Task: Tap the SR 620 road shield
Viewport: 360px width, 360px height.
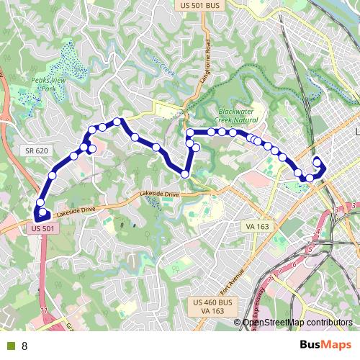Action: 35,150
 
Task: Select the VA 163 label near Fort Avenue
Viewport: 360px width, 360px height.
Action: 257,226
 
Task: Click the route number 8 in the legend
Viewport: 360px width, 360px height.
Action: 24,346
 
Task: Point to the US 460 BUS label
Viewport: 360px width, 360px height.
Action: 215,302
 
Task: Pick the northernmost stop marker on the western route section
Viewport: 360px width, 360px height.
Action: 117,122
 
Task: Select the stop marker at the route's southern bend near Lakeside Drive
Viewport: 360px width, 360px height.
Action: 185,174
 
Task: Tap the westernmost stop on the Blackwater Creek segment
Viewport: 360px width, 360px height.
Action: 190,132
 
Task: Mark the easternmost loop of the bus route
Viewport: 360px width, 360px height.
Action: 318,167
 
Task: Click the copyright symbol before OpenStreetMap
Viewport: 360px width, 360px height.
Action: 238,322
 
